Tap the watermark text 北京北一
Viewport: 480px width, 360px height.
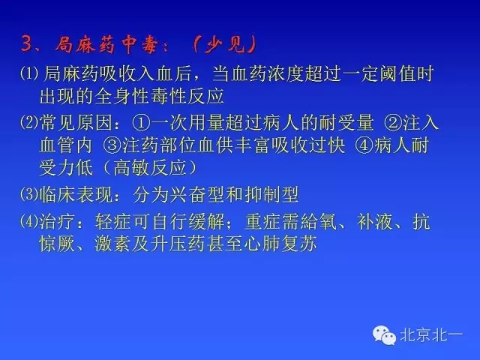coord(434,334)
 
